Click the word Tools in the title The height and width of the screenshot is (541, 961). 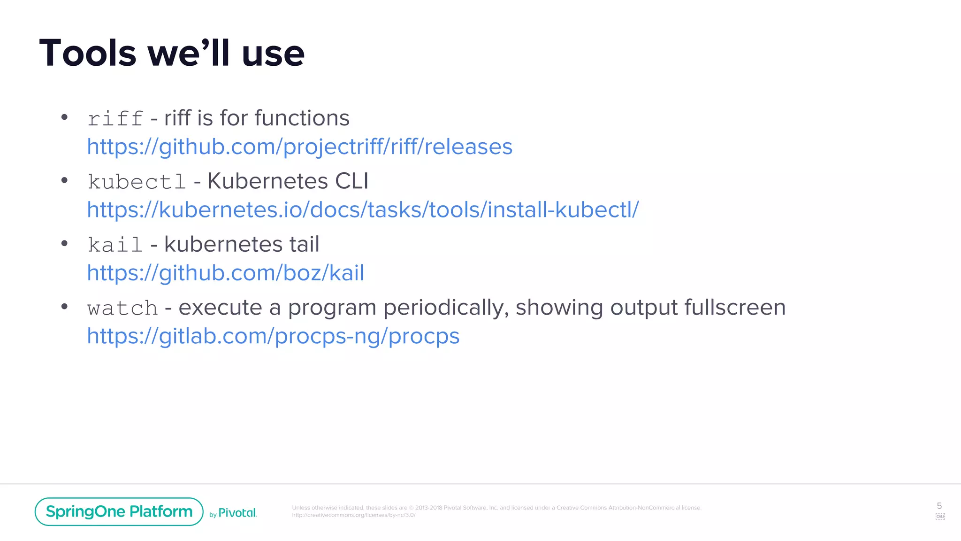pyautogui.click(x=88, y=53)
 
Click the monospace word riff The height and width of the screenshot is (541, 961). pyautogui.click(x=115, y=118)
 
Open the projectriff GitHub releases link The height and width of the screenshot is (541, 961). pyautogui.click(x=299, y=147)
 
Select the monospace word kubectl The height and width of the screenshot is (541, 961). pyautogui.click(x=137, y=182)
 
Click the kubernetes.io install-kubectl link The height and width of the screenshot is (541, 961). pyautogui.click(x=363, y=210)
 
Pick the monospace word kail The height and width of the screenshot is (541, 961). pyautogui.click(x=115, y=245)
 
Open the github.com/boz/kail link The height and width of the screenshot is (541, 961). pyautogui.click(x=225, y=273)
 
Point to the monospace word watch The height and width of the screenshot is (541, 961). pyautogui.click(x=122, y=308)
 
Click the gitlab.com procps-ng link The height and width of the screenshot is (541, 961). pyautogui.click(x=273, y=336)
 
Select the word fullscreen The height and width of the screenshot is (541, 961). pyautogui.click(x=735, y=308)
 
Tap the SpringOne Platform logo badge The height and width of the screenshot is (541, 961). pyautogui.click(x=119, y=511)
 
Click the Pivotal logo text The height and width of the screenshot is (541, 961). pyautogui.click(x=237, y=513)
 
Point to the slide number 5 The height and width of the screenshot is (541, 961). pyautogui.click(x=939, y=506)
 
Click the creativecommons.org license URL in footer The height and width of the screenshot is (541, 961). pyautogui.click(x=353, y=515)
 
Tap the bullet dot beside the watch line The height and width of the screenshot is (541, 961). pyautogui.click(x=65, y=307)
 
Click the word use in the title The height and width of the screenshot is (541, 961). pyautogui.click(x=273, y=53)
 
